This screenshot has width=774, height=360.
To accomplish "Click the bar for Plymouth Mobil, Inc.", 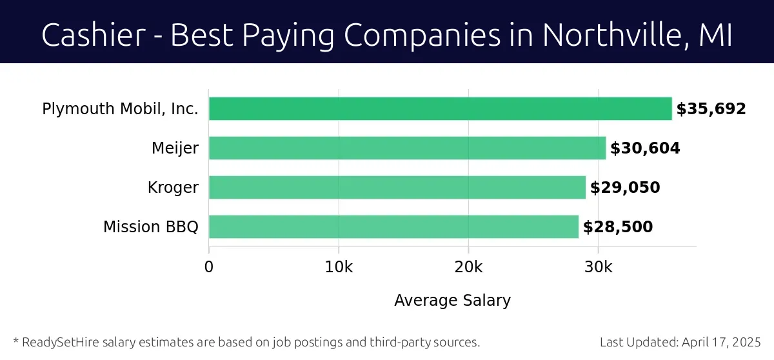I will [440, 108].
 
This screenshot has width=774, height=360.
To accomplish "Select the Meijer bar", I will [407, 148].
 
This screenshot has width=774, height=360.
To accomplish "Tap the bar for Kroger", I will [397, 188].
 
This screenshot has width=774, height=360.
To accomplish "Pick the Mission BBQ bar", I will [393, 227].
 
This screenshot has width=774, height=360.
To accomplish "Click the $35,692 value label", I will [711, 109].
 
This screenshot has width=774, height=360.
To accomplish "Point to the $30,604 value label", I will [645, 148].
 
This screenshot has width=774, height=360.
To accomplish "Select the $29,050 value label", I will [625, 188].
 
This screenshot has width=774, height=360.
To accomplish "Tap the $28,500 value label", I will [618, 227].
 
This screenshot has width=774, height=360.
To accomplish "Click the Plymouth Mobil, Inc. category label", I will [120, 109].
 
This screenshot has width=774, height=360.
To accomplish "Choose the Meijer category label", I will [175, 148].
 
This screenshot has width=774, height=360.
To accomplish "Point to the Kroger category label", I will [173, 188].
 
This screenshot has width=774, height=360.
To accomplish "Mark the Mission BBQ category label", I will [151, 227].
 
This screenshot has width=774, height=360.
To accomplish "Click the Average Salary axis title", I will [452, 300].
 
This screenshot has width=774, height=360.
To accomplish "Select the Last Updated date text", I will [680, 342].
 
